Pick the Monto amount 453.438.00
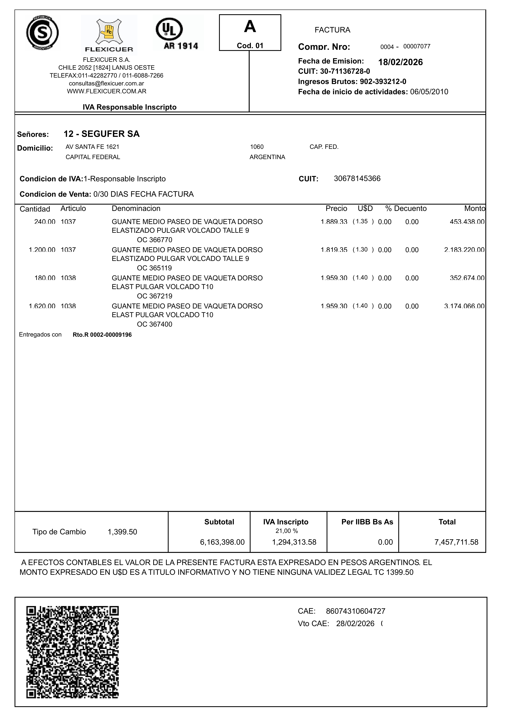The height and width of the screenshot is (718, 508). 467,222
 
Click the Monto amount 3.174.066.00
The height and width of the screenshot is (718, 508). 464,306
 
